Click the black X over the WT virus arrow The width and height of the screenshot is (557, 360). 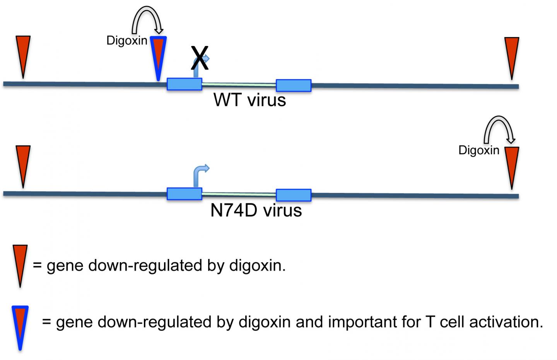(x=200, y=58)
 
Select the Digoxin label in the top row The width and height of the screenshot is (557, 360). (x=127, y=40)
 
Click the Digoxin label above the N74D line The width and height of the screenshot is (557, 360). (x=479, y=150)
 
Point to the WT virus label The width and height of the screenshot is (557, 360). (x=249, y=100)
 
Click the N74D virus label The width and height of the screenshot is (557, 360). (x=256, y=210)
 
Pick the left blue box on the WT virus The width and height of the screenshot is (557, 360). (x=184, y=84)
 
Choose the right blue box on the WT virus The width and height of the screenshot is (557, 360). (x=293, y=85)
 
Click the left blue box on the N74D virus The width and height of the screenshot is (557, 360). (x=184, y=194)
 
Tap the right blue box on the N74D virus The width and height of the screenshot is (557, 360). (x=293, y=195)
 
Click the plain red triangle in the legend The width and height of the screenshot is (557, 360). (x=20, y=263)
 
